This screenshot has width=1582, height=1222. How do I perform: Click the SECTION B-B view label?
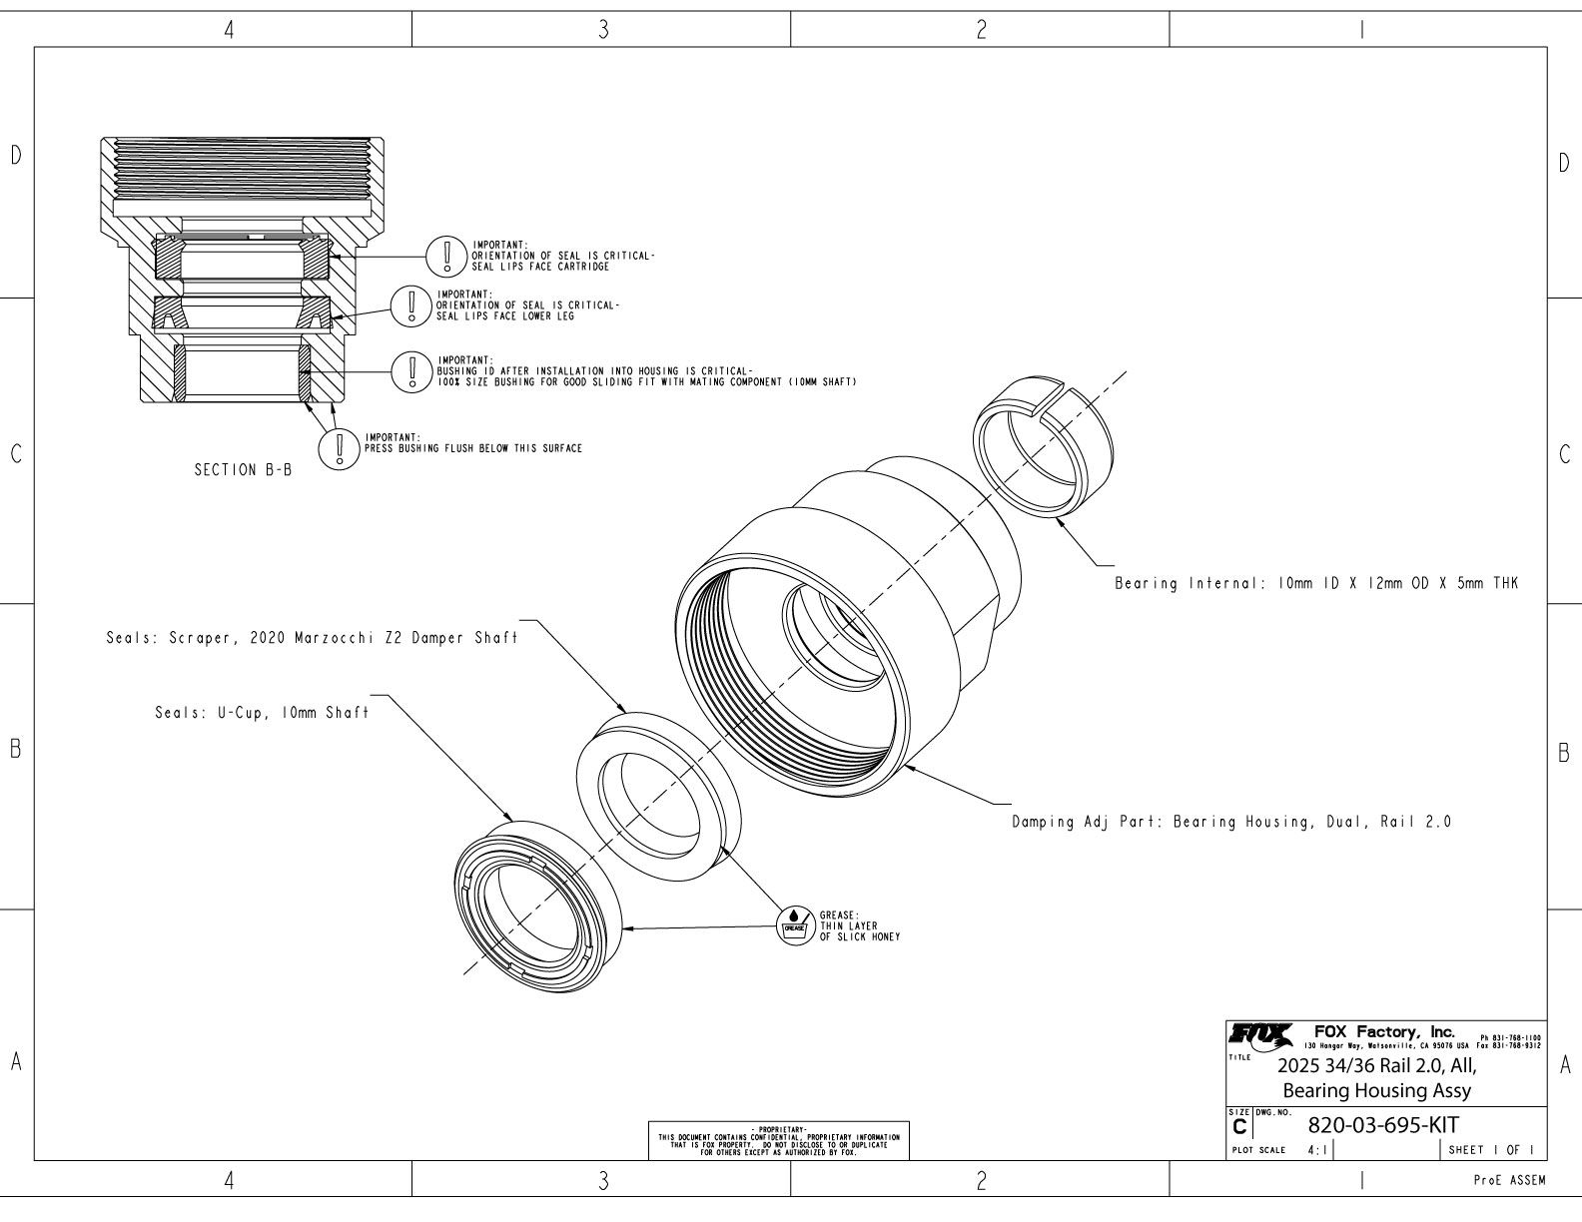[x=243, y=470]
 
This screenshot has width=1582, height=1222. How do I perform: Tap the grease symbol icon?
[x=794, y=924]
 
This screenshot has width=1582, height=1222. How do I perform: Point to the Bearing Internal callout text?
[x=1315, y=584]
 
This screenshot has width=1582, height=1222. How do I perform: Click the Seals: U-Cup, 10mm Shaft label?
[x=262, y=713]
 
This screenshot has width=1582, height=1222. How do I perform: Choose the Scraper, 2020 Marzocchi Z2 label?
[x=312, y=638]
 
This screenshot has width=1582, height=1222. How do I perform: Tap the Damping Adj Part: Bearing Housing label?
[x=1230, y=823]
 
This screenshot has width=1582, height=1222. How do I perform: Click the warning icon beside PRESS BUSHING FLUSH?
[x=339, y=447]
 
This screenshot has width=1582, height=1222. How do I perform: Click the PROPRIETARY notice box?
[x=779, y=1141]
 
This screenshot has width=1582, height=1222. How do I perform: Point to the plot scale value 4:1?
[x=1317, y=1150]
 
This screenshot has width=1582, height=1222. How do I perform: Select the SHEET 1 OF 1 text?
[x=1491, y=1150]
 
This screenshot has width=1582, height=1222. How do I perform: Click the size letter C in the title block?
[x=1239, y=1127]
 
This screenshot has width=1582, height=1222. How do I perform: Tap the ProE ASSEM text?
[x=1509, y=1181]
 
